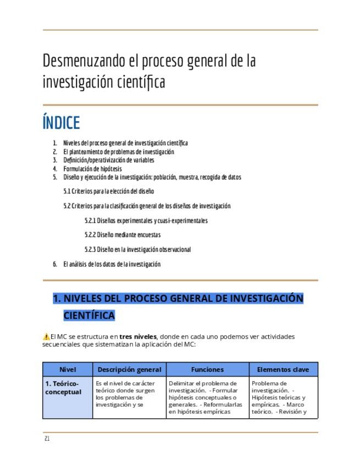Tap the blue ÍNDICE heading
coord(61,123)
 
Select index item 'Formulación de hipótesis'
coord(92,169)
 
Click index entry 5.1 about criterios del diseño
coord(108,191)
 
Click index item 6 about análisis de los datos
coord(112,264)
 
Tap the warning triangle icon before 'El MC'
coord(46,336)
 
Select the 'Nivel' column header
coord(68,369)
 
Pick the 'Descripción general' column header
coord(129,369)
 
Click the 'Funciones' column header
coord(207,369)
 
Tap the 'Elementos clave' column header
coord(283,369)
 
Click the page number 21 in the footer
coord(47,439)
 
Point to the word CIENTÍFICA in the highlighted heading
coord(89,315)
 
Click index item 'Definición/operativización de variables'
coord(108,160)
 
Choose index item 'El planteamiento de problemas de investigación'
coord(118,152)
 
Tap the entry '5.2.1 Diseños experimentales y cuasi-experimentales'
coord(146,220)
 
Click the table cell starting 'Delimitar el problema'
coord(207,397)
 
